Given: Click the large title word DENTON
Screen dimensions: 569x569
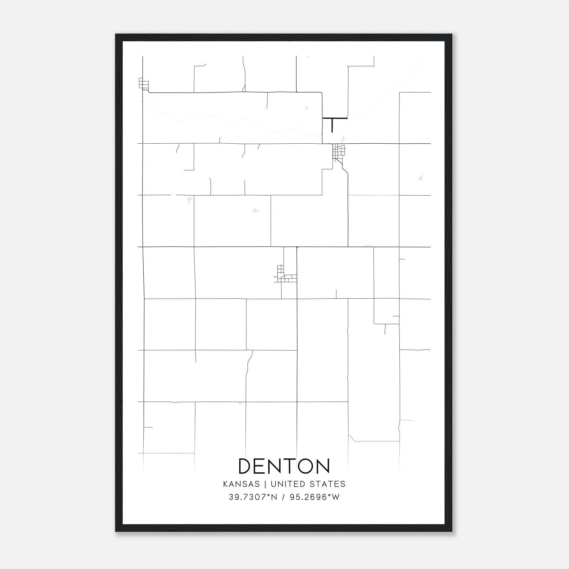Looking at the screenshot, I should (x=284, y=466).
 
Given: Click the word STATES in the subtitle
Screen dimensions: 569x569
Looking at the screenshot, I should (x=327, y=484).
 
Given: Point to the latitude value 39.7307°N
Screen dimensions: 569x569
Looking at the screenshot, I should (x=253, y=497).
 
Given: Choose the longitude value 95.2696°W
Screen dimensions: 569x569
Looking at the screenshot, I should (x=315, y=497).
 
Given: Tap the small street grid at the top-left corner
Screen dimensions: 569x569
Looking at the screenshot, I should (x=143, y=84).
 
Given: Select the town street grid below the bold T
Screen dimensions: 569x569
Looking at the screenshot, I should (x=339, y=152).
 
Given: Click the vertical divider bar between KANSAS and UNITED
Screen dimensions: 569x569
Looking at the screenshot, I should (x=268, y=484).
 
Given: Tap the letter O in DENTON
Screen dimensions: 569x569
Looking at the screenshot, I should (x=302, y=466).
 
